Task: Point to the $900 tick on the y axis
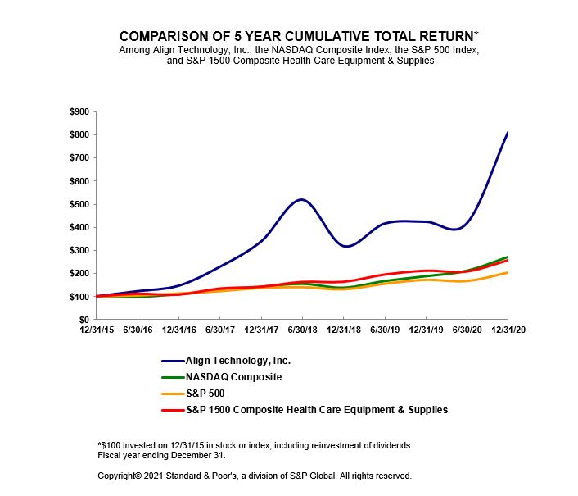(x=79, y=111)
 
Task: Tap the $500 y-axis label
(x=79, y=204)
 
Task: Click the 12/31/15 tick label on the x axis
(x=96, y=330)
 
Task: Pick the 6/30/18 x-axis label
(x=302, y=330)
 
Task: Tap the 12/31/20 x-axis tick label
(x=508, y=330)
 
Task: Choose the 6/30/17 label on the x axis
(x=219, y=330)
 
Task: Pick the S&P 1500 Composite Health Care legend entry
(x=317, y=409)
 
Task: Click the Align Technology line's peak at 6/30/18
(x=301, y=199)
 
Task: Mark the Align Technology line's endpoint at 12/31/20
(x=508, y=132)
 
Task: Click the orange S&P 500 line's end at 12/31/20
(x=508, y=272)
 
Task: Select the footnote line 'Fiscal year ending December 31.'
(x=161, y=455)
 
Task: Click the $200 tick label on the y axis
(x=79, y=274)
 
